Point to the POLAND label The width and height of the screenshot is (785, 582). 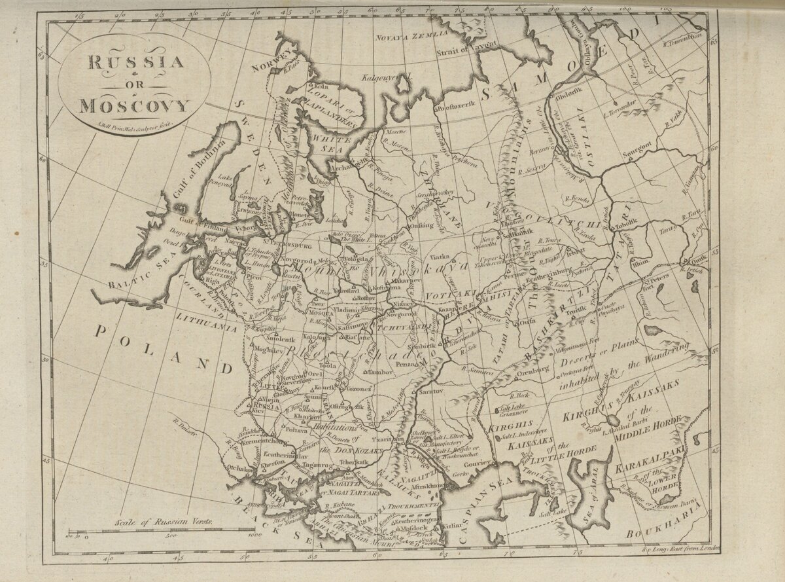click(164, 346)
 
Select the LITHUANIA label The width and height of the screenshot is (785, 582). click(206, 322)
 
